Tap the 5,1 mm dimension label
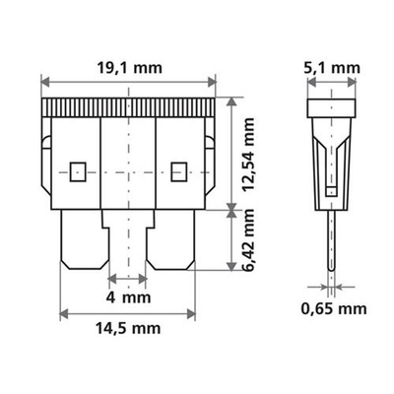click(x=331, y=68)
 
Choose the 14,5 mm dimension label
click(x=129, y=329)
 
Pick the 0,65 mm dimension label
click(x=333, y=308)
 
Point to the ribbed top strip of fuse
click(x=129, y=107)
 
